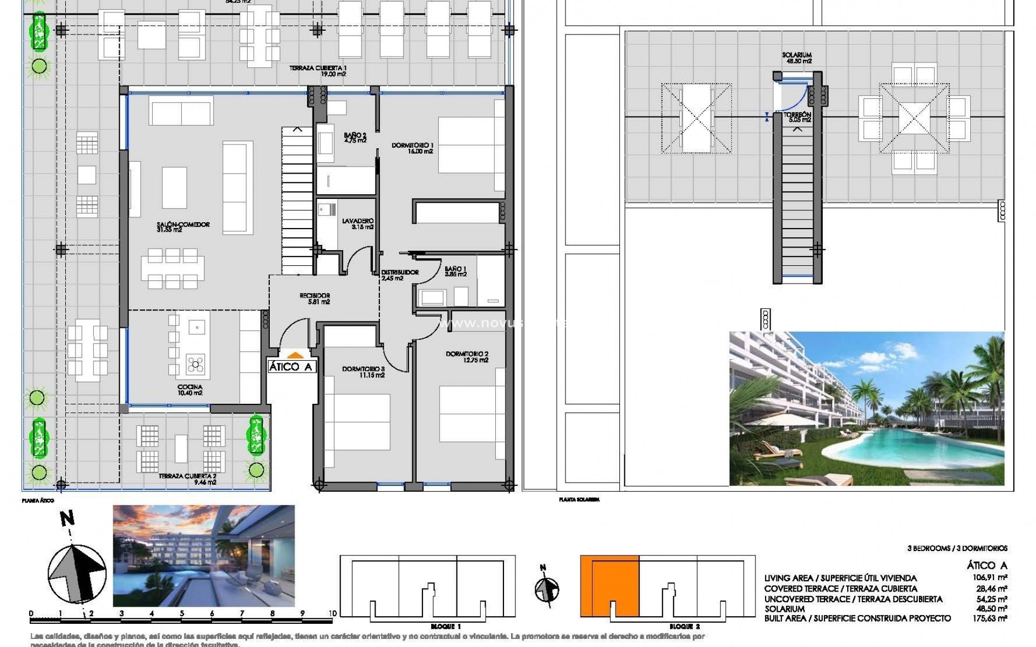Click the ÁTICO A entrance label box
click(290, 367)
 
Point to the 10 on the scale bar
click(332, 614)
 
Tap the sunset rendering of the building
click(203, 555)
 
